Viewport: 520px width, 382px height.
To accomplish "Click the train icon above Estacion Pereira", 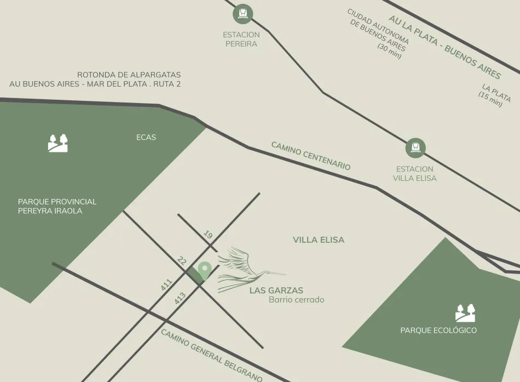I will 242,14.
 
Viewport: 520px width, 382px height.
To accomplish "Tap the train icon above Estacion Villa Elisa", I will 415,147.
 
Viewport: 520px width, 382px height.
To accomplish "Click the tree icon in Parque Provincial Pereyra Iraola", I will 58,143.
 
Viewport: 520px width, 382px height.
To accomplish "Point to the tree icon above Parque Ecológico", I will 465,313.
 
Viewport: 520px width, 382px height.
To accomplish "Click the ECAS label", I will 146,137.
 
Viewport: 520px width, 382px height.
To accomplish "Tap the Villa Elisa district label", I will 319,240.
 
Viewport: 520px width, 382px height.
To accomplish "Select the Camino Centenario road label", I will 310,156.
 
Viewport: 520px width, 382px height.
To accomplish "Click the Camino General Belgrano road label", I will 211,355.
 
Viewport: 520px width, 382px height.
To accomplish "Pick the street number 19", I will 208,235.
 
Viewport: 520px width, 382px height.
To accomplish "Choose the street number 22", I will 182,261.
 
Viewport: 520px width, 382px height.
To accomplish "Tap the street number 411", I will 167,285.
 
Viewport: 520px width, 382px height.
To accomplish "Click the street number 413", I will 180,299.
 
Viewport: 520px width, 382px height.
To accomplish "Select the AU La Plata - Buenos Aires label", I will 444,47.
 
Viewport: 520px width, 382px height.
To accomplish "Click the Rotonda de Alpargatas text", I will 129,75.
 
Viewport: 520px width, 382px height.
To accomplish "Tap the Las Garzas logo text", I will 276,290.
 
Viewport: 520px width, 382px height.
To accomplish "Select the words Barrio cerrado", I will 297,300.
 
